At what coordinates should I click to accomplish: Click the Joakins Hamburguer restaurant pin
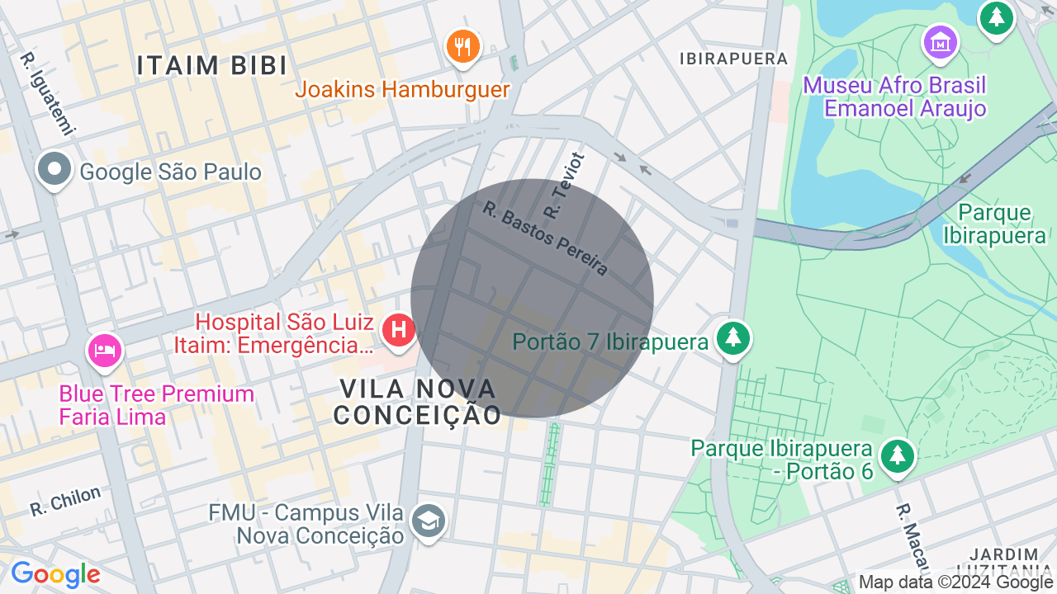coord(463,45)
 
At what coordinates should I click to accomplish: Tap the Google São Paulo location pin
coord(55,170)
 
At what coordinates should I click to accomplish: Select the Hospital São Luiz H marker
coord(399,331)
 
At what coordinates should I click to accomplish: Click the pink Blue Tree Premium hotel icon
coord(105,350)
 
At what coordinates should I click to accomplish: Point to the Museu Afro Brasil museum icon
coord(941,41)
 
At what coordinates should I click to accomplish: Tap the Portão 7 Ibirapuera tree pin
coord(732,337)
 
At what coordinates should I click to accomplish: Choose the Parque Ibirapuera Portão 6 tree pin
coord(897,455)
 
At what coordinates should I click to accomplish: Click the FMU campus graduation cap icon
coord(429,521)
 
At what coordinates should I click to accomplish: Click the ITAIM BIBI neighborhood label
coord(212,65)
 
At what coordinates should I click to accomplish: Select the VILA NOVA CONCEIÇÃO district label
coord(418,401)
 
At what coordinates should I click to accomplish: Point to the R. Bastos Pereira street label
coord(545,239)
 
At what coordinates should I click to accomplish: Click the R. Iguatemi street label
coord(48,93)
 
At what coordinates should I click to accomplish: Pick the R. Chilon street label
coord(65,501)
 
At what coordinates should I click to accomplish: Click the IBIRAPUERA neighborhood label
coord(733,59)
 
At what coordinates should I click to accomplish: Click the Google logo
coord(55,574)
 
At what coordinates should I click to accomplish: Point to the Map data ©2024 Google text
coord(955,582)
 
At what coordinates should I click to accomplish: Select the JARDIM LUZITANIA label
coord(1004,561)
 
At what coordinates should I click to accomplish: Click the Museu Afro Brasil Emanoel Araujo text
coord(894,97)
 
